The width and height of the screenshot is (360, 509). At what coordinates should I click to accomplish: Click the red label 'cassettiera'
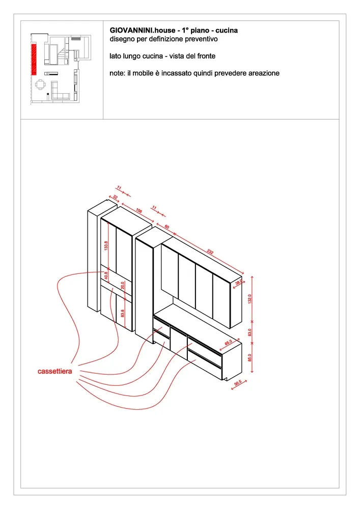coord(55,371)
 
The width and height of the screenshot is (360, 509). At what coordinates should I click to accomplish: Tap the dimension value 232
coord(210,251)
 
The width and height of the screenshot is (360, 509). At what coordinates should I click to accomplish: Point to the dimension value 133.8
coord(106,245)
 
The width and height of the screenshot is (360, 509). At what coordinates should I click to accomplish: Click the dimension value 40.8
coord(106,275)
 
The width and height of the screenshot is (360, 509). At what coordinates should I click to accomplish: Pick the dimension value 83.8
coord(122,313)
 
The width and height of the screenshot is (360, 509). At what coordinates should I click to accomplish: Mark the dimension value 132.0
coord(250,299)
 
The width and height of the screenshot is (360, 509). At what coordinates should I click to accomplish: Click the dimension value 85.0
coord(250,358)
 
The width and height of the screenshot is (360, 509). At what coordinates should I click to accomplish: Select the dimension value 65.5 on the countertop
coord(229,343)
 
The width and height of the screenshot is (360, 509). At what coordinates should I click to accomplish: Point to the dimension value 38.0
coord(239,282)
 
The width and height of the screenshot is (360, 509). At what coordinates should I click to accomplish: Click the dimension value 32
coord(115,197)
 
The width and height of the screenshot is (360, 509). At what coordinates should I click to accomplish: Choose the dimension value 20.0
coord(123,286)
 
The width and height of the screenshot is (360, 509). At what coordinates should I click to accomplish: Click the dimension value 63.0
coord(250,332)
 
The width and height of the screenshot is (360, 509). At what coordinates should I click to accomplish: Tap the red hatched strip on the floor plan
coord(34,60)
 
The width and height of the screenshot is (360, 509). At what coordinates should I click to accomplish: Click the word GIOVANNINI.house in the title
coord(143,31)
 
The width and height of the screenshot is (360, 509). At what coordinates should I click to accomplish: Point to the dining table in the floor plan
coord(40,85)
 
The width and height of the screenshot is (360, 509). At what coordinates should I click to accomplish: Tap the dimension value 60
coord(167,227)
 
